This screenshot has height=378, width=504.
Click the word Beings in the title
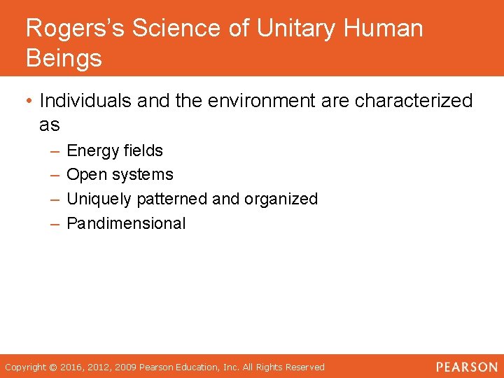point(64,59)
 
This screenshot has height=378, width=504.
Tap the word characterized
point(414,101)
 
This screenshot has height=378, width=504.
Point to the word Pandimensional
point(126,224)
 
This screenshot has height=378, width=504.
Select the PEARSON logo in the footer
point(467,367)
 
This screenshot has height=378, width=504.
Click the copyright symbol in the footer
point(52,367)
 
